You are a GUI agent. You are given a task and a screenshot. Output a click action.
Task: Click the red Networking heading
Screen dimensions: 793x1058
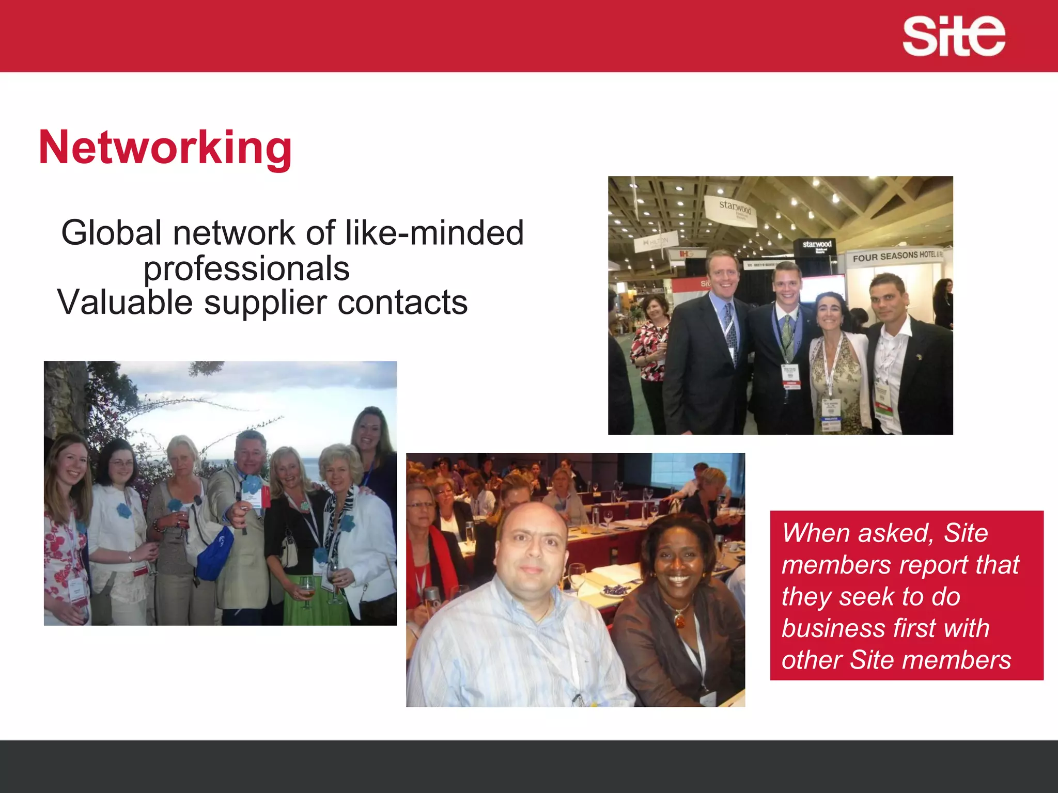coord(165,148)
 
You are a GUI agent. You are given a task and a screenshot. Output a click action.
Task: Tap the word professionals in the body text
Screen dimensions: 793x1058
coord(246,268)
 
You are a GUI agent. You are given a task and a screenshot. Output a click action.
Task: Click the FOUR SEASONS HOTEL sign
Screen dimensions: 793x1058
coord(896,256)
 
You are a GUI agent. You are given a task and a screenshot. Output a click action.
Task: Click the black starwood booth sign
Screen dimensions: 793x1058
coord(817,245)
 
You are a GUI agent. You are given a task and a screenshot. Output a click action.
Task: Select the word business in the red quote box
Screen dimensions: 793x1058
coord(832,628)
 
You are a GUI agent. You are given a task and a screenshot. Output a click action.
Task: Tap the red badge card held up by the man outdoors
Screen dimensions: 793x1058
coord(264,497)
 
